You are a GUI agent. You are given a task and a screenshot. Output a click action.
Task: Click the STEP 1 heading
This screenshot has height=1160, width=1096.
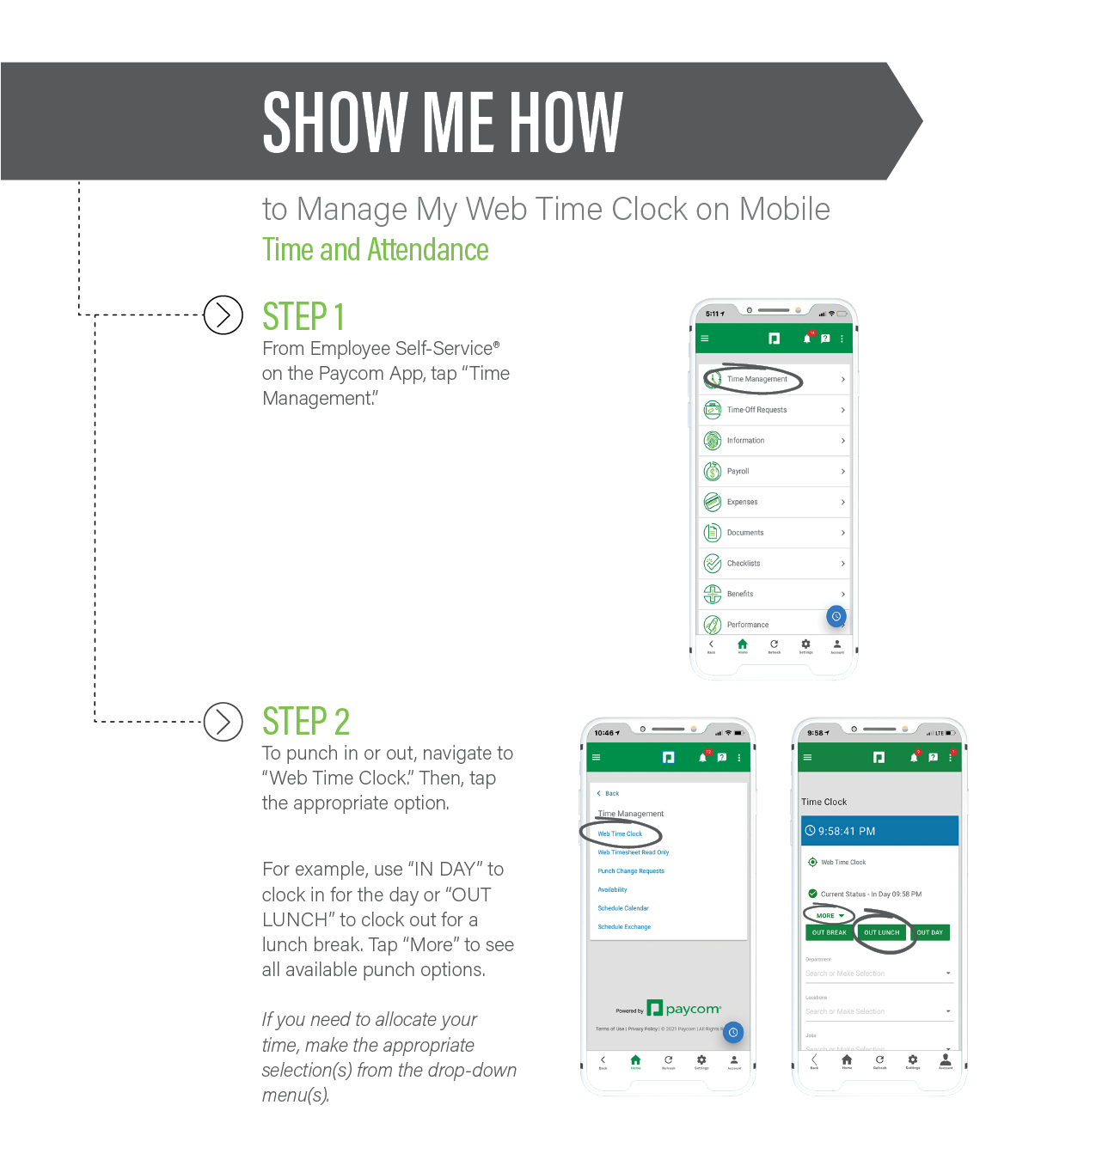pos(303,316)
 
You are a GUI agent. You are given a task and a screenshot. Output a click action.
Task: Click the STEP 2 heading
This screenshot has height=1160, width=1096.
pos(306,721)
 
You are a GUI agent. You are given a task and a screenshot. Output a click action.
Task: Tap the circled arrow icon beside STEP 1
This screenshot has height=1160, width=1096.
pos(223,315)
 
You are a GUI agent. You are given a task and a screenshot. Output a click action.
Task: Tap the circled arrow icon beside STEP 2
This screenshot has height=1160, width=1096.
pos(223,722)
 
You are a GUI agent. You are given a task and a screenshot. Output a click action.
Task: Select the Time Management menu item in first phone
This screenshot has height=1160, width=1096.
pos(756,379)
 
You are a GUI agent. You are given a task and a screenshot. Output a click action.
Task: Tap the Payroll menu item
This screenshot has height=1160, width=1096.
pos(738,472)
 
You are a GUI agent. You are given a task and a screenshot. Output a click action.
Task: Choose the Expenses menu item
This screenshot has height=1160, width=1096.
pos(742,502)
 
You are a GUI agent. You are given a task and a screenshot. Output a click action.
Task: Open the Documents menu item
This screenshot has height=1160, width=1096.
pos(744,533)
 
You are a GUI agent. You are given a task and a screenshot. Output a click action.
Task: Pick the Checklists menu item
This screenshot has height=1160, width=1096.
pos(743,564)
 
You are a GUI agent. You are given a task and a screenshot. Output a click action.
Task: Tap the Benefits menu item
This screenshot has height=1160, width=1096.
pos(739,594)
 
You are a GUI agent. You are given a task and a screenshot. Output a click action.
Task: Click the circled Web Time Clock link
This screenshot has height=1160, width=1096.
pos(620,833)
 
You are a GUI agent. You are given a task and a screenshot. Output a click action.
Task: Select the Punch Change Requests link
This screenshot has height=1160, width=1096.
pos(631,871)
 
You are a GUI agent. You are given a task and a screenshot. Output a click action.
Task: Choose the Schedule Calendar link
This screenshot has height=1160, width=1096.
pos(623,908)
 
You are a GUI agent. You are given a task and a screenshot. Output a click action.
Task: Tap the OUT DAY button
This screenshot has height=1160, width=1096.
pos(929,932)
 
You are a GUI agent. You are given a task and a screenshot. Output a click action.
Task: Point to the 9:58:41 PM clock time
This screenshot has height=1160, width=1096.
pos(847,831)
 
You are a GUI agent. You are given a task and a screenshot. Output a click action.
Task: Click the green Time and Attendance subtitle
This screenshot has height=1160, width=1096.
pos(375,250)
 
